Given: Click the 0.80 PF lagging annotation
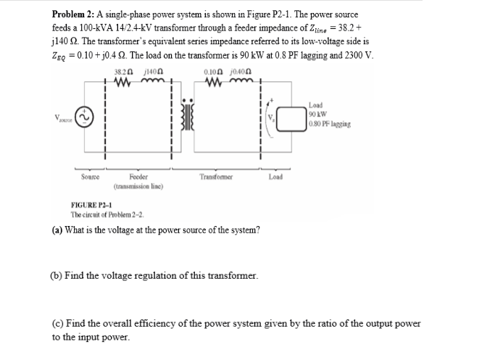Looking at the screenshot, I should (330, 124).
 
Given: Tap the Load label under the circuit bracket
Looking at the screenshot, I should (276, 177).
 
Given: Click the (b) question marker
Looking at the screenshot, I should (57, 277).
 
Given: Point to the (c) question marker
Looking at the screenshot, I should (57, 324).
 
